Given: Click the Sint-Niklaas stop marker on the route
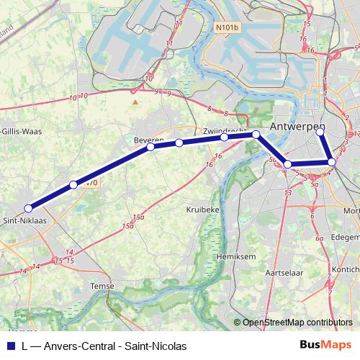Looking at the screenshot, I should click(28, 208).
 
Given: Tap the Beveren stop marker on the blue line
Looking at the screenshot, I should click(151, 147).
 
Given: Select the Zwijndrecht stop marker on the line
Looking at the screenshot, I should click(225, 137).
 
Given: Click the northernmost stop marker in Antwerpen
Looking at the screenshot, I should click(320, 132).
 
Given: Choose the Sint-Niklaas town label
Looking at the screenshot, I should click(26, 220).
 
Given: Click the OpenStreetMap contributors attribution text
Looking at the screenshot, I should click(297, 323).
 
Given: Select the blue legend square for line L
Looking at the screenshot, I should click(9, 346).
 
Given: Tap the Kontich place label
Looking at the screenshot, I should click(348, 268).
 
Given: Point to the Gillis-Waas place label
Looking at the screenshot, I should click(20, 131).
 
